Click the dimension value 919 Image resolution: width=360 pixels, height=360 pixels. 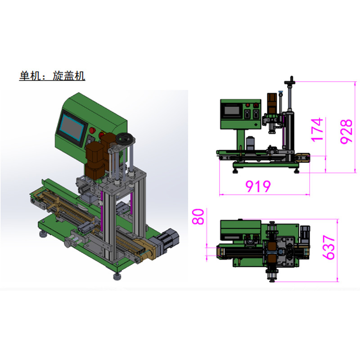pyautogui.click(x=258, y=186)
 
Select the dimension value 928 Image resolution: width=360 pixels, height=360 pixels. pyautogui.click(x=346, y=131)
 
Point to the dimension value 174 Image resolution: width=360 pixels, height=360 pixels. pyautogui.click(x=317, y=130)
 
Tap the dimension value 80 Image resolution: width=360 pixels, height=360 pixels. pyautogui.click(x=198, y=216)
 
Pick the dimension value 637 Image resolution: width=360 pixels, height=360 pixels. pyautogui.click(x=328, y=247)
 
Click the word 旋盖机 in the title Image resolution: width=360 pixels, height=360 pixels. pyautogui.click(x=69, y=76)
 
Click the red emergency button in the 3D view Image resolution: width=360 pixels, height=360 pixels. pyautogui.click(x=92, y=130)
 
